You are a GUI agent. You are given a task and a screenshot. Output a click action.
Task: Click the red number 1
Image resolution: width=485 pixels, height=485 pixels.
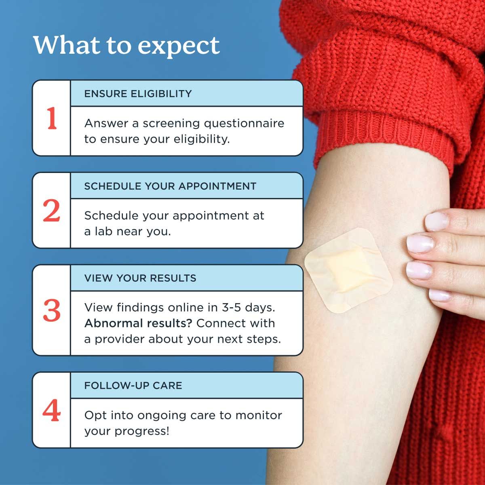[x=51, y=118]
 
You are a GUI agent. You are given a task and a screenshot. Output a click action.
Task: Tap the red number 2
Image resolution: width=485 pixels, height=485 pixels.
[x=51, y=211]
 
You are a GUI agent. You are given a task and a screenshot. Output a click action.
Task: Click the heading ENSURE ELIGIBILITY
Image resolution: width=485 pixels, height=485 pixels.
[x=138, y=94]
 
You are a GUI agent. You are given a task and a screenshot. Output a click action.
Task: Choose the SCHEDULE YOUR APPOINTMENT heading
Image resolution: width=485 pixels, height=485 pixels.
[x=170, y=186]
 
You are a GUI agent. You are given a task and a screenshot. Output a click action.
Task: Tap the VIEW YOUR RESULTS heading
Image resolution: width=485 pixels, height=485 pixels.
[x=140, y=278]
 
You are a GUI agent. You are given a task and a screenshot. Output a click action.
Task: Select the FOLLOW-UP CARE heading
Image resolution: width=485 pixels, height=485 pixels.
[x=133, y=386]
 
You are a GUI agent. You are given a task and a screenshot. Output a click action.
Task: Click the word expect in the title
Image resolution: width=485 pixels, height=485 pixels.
[x=179, y=45]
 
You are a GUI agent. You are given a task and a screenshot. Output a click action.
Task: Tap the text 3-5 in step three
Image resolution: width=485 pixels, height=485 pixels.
[x=231, y=308]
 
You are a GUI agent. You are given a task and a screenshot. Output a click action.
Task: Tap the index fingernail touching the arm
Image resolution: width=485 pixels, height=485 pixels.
[x=436, y=221]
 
